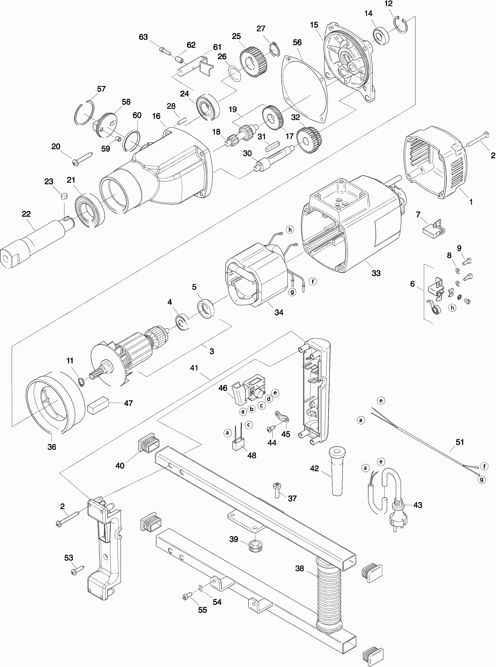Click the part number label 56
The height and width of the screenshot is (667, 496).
(297, 42)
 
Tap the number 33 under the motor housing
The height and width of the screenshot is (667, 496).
(376, 273)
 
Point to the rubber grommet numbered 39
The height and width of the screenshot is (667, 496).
(255, 546)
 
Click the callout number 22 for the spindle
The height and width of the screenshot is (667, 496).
(26, 214)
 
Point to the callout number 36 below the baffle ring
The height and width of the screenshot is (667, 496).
(52, 447)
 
